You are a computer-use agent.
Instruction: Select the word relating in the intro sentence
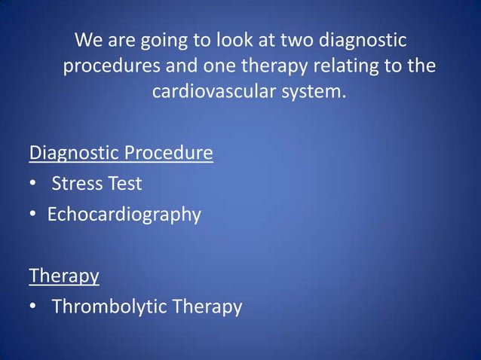(345, 66)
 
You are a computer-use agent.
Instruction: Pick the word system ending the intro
(316, 93)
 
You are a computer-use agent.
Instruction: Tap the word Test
(122, 184)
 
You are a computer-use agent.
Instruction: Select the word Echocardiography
(124, 215)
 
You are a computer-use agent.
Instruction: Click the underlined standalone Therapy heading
(64, 276)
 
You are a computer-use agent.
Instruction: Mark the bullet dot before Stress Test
(33, 185)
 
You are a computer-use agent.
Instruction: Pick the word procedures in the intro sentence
(109, 66)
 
